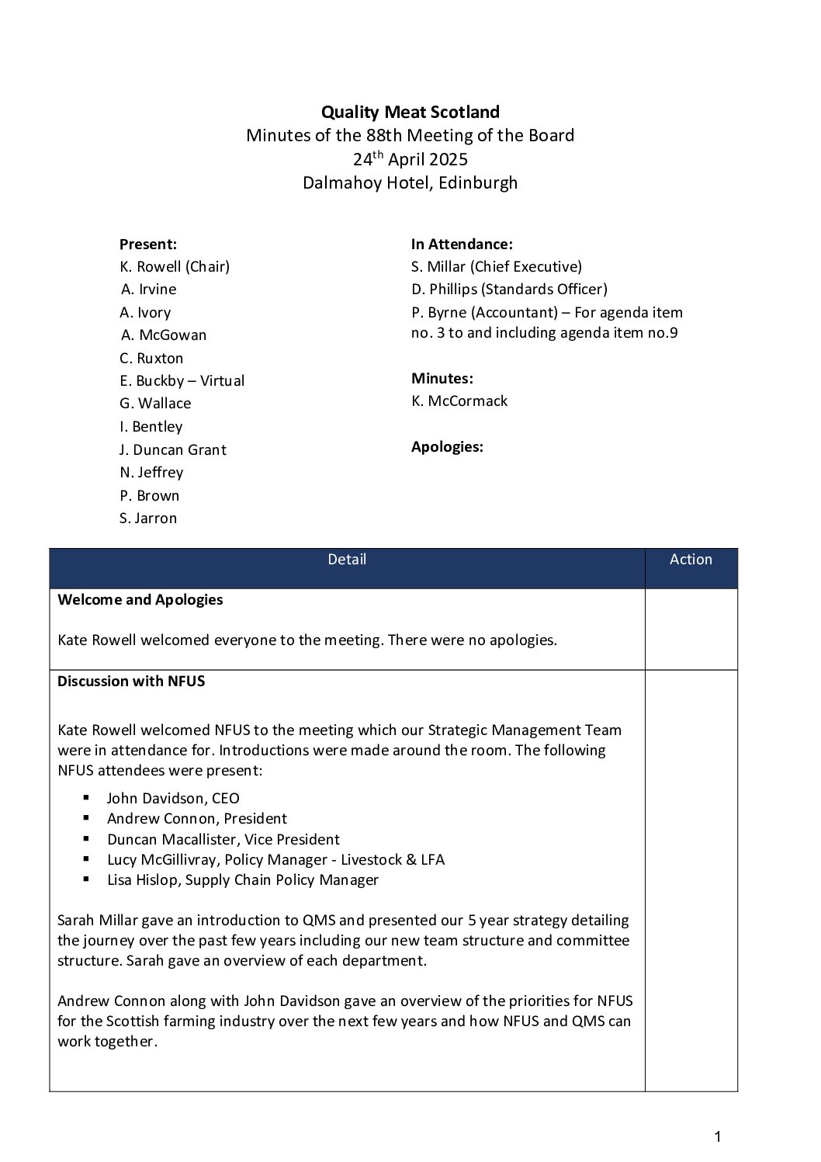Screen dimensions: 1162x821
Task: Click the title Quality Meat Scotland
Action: point(410,112)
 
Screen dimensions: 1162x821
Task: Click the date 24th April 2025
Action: point(410,160)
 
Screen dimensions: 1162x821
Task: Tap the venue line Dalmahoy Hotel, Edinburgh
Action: point(410,183)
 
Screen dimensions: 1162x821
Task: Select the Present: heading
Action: point(148,244)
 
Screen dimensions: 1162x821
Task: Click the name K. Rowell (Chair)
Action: point(175,266)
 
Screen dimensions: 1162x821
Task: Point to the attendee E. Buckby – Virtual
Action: point(182,380)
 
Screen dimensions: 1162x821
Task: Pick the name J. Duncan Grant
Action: point(172,449)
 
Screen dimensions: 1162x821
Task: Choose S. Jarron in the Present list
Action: point(148,518)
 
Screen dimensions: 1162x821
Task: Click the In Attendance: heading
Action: point(462,244)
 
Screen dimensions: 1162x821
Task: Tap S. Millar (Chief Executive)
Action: point(496,266)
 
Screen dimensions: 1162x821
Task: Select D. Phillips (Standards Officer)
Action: point(509,289)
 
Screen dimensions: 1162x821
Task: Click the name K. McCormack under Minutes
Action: point(459,401)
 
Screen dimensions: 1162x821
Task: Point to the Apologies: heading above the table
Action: point(447,446)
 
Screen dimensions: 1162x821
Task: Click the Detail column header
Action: point(347,559)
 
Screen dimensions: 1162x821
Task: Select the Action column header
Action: point(691,559)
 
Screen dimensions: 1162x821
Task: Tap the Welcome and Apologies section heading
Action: point(140,599)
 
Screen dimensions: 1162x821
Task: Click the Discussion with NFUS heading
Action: point(131,681)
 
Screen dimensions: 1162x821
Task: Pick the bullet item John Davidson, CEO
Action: point(173,798)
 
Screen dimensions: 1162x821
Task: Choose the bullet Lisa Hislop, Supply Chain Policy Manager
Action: point(243,879)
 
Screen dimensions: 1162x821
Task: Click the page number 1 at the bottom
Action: point(717,1137)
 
